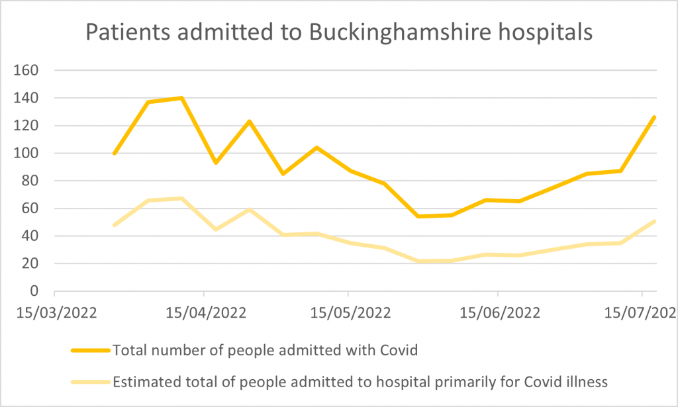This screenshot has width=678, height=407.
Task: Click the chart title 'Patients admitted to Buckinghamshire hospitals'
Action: point(338,32)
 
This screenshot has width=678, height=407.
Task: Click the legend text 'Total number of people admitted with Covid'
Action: point(266,350)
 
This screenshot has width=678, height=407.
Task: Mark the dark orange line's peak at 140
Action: point(181,98)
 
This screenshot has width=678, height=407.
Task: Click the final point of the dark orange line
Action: point(655,117)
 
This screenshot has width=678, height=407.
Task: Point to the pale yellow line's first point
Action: point(114,225)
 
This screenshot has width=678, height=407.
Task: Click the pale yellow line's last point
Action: point(655,221)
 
